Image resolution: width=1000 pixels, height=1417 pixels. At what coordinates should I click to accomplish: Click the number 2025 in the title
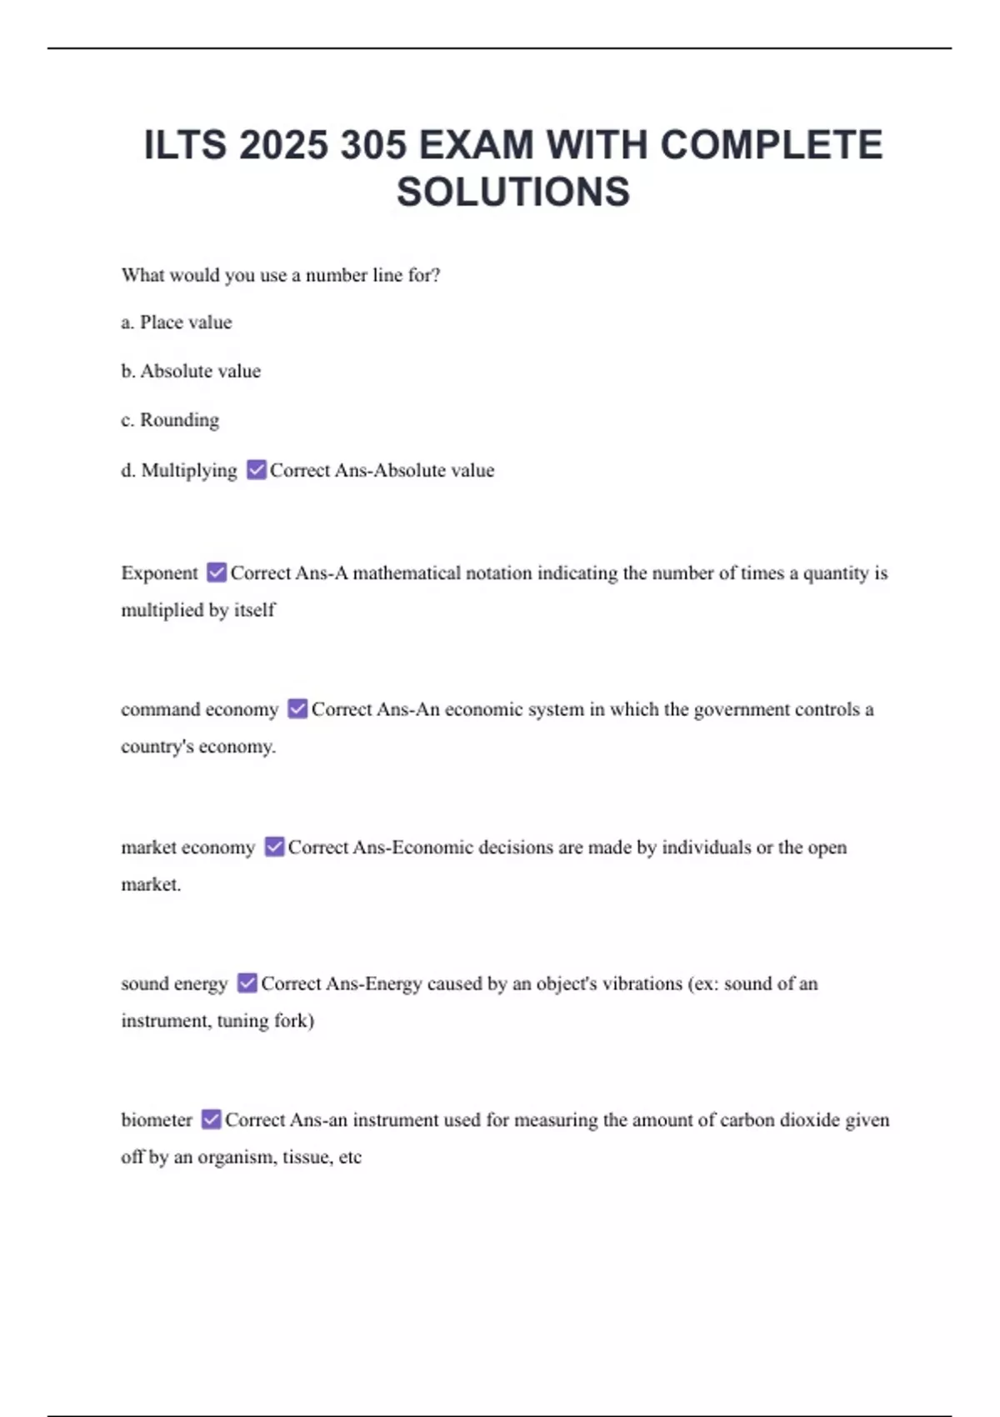[x=283, y=145]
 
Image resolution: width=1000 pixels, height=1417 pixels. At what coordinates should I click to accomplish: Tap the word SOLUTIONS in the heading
[x=513, y=192]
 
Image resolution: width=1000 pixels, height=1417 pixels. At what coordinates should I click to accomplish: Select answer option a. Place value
[x=177, y=323]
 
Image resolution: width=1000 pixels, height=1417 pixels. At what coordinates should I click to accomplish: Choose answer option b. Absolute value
[x=191, y=371]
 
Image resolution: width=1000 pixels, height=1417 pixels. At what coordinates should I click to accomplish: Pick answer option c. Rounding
[x=170, y=420]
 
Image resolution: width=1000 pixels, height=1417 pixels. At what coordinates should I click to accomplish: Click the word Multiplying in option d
[x=189, y=470]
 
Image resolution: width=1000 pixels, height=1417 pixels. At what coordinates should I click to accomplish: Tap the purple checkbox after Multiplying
[x=257, y=469]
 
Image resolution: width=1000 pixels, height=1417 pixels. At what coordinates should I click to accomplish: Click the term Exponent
[x=159, y=573]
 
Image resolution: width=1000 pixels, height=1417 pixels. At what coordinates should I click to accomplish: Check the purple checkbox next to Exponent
[x=217, y=573]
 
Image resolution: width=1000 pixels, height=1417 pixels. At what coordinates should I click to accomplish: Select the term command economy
[x=199, y=709]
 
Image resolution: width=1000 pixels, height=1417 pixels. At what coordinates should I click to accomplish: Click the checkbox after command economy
[x=297, y=708]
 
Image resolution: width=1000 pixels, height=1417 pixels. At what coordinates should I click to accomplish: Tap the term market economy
[x=187, y=847]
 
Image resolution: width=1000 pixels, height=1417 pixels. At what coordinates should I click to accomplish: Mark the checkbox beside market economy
[x=274, y=847]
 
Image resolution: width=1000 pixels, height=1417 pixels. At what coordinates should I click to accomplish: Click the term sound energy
[x=174, y=984]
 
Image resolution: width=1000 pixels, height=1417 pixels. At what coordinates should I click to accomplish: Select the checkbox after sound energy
[x=247, y=983]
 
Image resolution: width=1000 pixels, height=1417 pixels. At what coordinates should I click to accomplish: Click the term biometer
[x=157, y=1119]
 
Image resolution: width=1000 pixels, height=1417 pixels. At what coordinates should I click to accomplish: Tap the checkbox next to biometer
[x=212, y=1119]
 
